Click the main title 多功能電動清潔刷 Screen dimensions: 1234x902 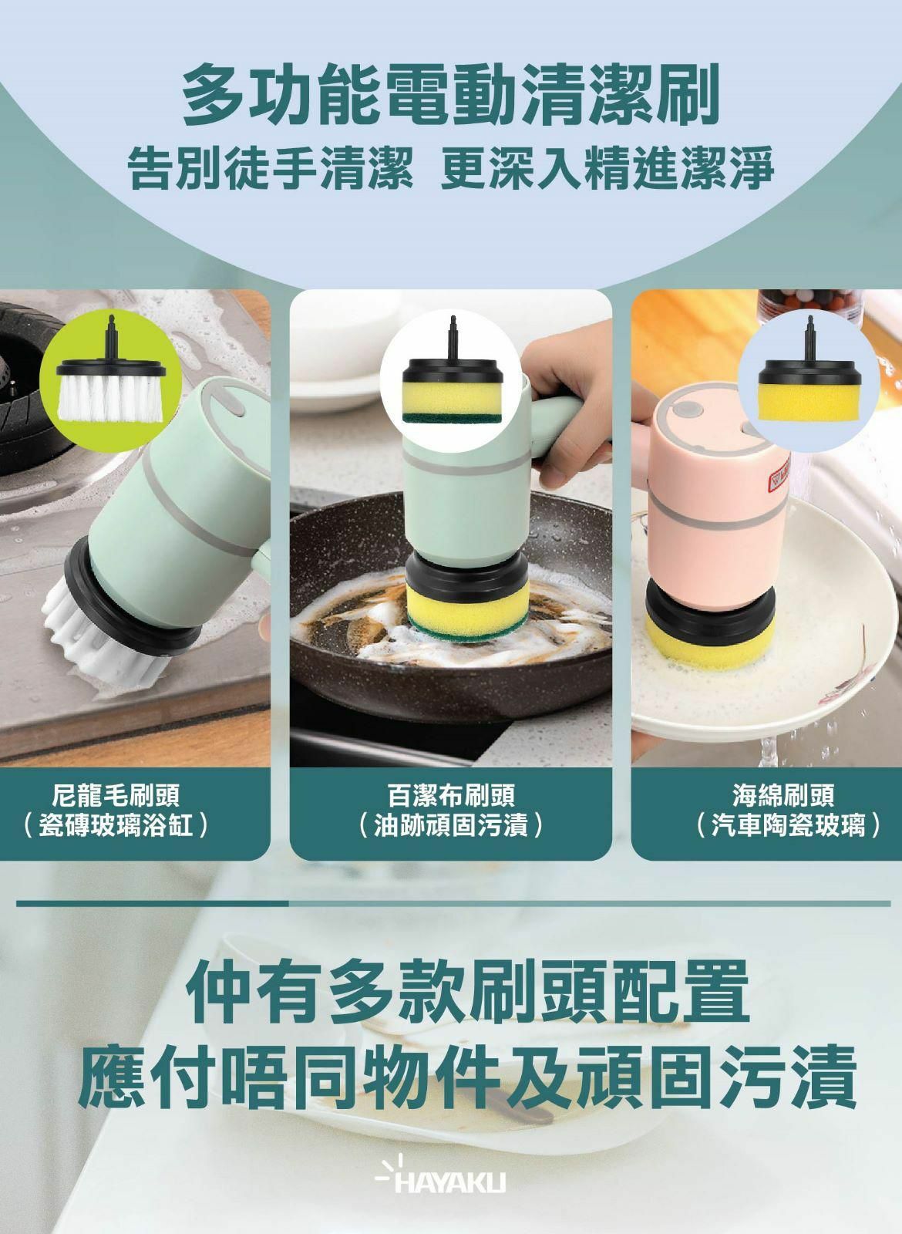(x=451, y=96)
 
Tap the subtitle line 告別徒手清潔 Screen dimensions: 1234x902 (x=266, y=170)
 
